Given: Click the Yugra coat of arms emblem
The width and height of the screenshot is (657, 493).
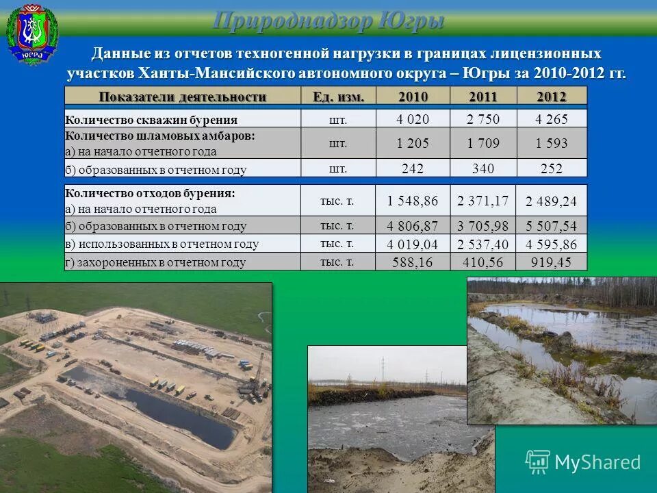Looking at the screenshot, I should pyautogui.click(x=32, y=34).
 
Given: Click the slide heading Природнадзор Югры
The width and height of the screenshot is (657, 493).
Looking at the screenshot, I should pyautogui.click(x=328, y=21).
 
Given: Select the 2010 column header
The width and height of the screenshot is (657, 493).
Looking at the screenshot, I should pyautogui.click(x=413, y=97).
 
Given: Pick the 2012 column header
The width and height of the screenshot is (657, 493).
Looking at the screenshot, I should pyautogui.click(x=551, y=97).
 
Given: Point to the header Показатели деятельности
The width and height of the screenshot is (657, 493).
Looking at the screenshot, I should pyautogui.click(x=183, y=97).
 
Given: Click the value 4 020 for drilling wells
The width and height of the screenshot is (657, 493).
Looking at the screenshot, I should pyautogui.click(x=413, y=120).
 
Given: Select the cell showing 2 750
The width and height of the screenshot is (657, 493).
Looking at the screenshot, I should pyautogui.click(x=483, y=120).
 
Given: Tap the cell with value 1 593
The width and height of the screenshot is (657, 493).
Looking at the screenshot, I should pyautogui.click(x=552, y=144).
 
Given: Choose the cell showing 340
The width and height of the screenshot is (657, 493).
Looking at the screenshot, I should pyautogui.click(x=483, y=169).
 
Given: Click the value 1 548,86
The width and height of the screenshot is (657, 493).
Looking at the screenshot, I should pyautogui.click(x=412, y=201).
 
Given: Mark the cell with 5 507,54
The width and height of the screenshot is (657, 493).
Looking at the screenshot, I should pyautogui.click(x=552, y=226).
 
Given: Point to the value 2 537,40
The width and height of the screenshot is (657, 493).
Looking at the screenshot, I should pyautogui.click(x=483, y=244).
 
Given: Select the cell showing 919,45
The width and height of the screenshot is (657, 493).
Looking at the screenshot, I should pyautogui.click(x=552, y=262).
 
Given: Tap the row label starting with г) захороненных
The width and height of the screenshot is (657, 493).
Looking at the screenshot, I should pyautogui.click(x=155, y=262).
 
